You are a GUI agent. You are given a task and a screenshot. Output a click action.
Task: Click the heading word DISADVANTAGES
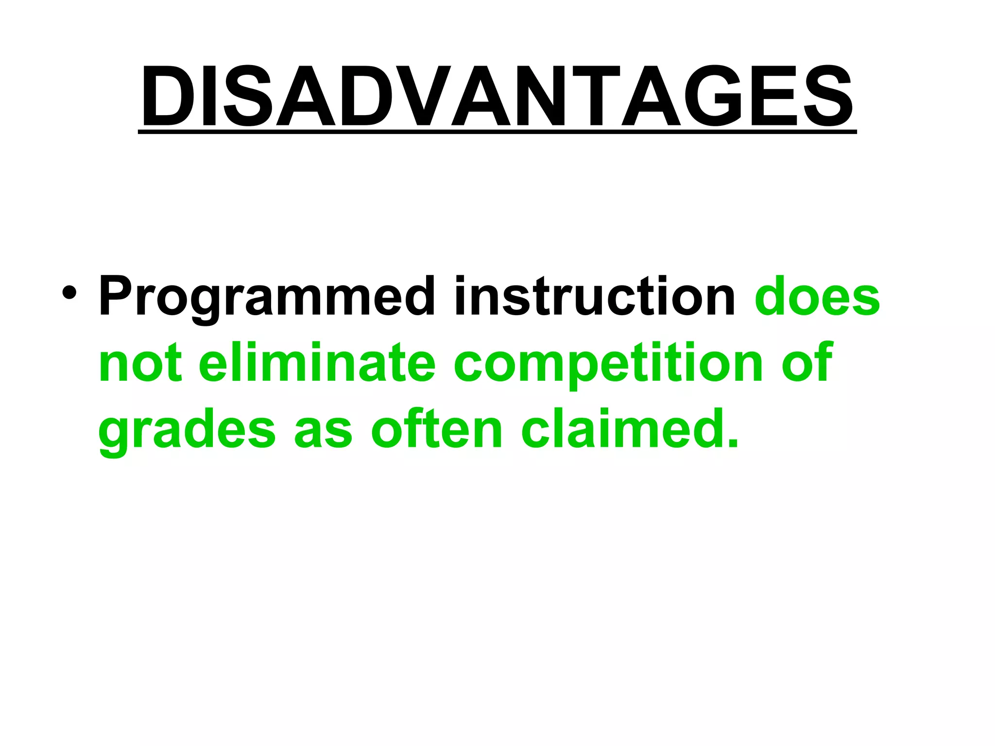pyautogui.click(x=497, y=96)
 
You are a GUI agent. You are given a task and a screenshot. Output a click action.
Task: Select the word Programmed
pyautogui.click(x=266, y=297)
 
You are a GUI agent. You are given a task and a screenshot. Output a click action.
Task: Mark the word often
pyautogui.click(x=437, y=429)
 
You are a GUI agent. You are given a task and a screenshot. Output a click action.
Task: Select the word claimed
pyautogui.click(x=622, y=429)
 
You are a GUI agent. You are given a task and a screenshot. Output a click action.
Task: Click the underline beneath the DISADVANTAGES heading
pyautogui.click(x=497, y=131)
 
